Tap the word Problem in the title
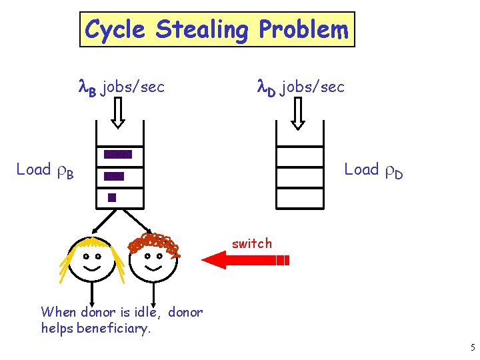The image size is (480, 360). (x=303, y=29)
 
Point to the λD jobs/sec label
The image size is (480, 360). (x=301, y=87)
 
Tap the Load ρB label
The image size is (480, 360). (x=45, y=171)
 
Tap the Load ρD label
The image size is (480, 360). (x=373, y=171)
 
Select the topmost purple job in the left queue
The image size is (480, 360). (x=118, y=154)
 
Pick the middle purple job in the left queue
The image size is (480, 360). (x=114, y=177)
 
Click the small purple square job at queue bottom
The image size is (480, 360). (x=112, y=197)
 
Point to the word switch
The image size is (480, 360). (x=252, y=243)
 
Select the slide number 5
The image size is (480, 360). (x=472, y=347)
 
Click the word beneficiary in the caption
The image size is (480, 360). (x=114, y=327)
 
